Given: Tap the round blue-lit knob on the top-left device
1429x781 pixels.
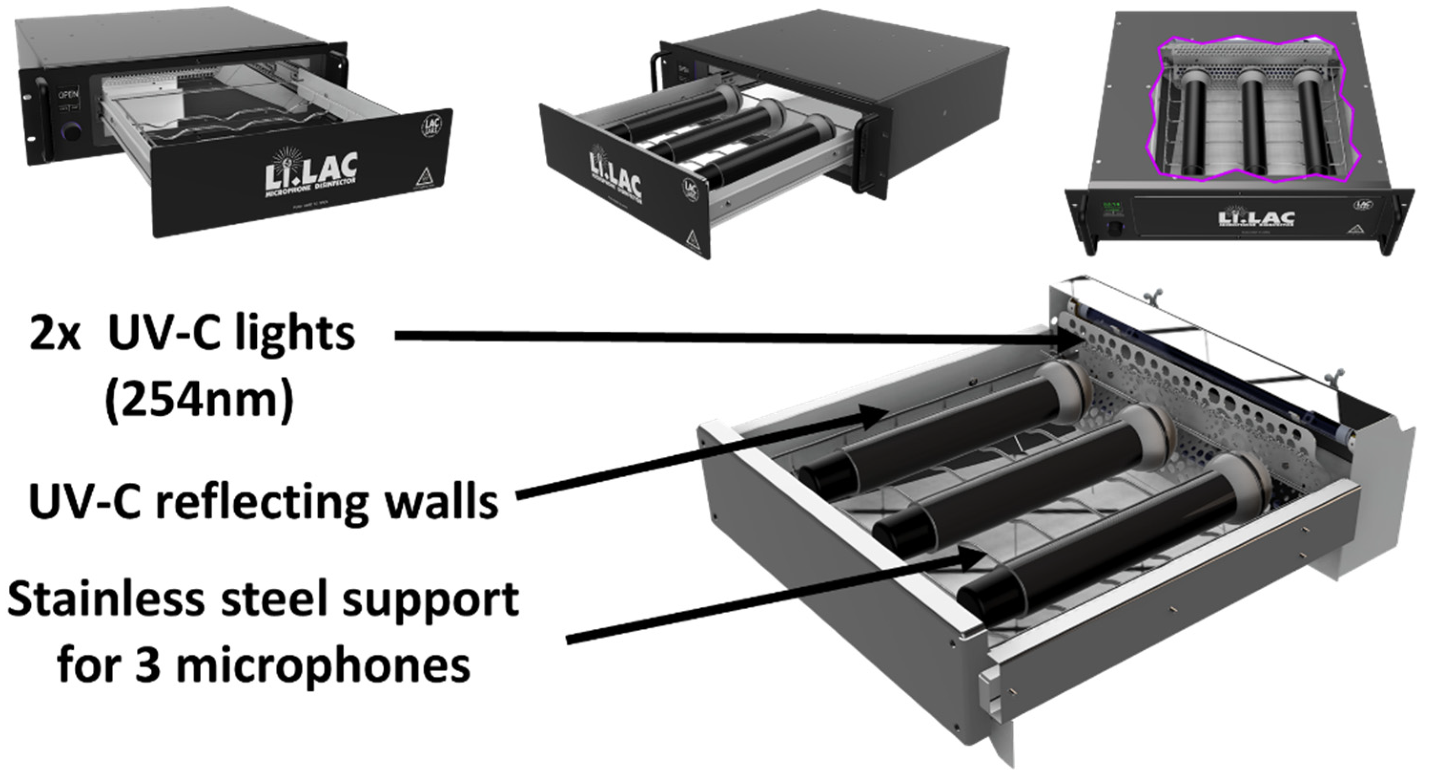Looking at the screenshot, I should click(71, 132).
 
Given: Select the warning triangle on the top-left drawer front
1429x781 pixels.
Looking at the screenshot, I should click(423, 177).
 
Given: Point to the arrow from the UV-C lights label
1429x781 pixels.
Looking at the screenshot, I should click(721, 336).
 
